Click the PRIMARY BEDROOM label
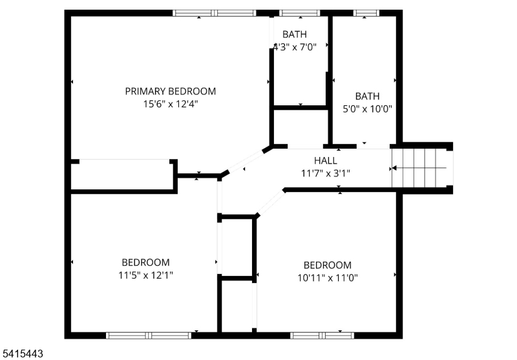click(x=171, y=91)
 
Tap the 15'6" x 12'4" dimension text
click(x=171, y=104)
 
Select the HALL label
click(x=326, y=161)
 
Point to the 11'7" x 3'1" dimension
click(x=326, y=173)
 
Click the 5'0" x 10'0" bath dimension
click(x=367, y=109)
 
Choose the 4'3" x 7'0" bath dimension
click(x=295, y=47)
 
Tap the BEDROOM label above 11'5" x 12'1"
click(x=146, y=262)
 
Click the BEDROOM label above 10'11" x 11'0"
click(x=328, y=266)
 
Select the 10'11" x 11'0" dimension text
click(x=328, y=278)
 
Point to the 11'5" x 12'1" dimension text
click(x=146, y=275)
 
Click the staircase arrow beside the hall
click(x=419, y=168)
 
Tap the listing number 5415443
click(x=21, y=354)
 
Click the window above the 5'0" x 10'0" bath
click(x=366, y=13)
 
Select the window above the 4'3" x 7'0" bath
click(x=300, y=13)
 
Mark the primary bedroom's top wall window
click(x=215, y=13)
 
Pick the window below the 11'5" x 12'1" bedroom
click(x=149, y=335)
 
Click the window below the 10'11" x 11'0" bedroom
click(x=322, y=335)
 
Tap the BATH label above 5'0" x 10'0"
click(x=367, y=96)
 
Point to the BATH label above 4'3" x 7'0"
click(x=295, y=34)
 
